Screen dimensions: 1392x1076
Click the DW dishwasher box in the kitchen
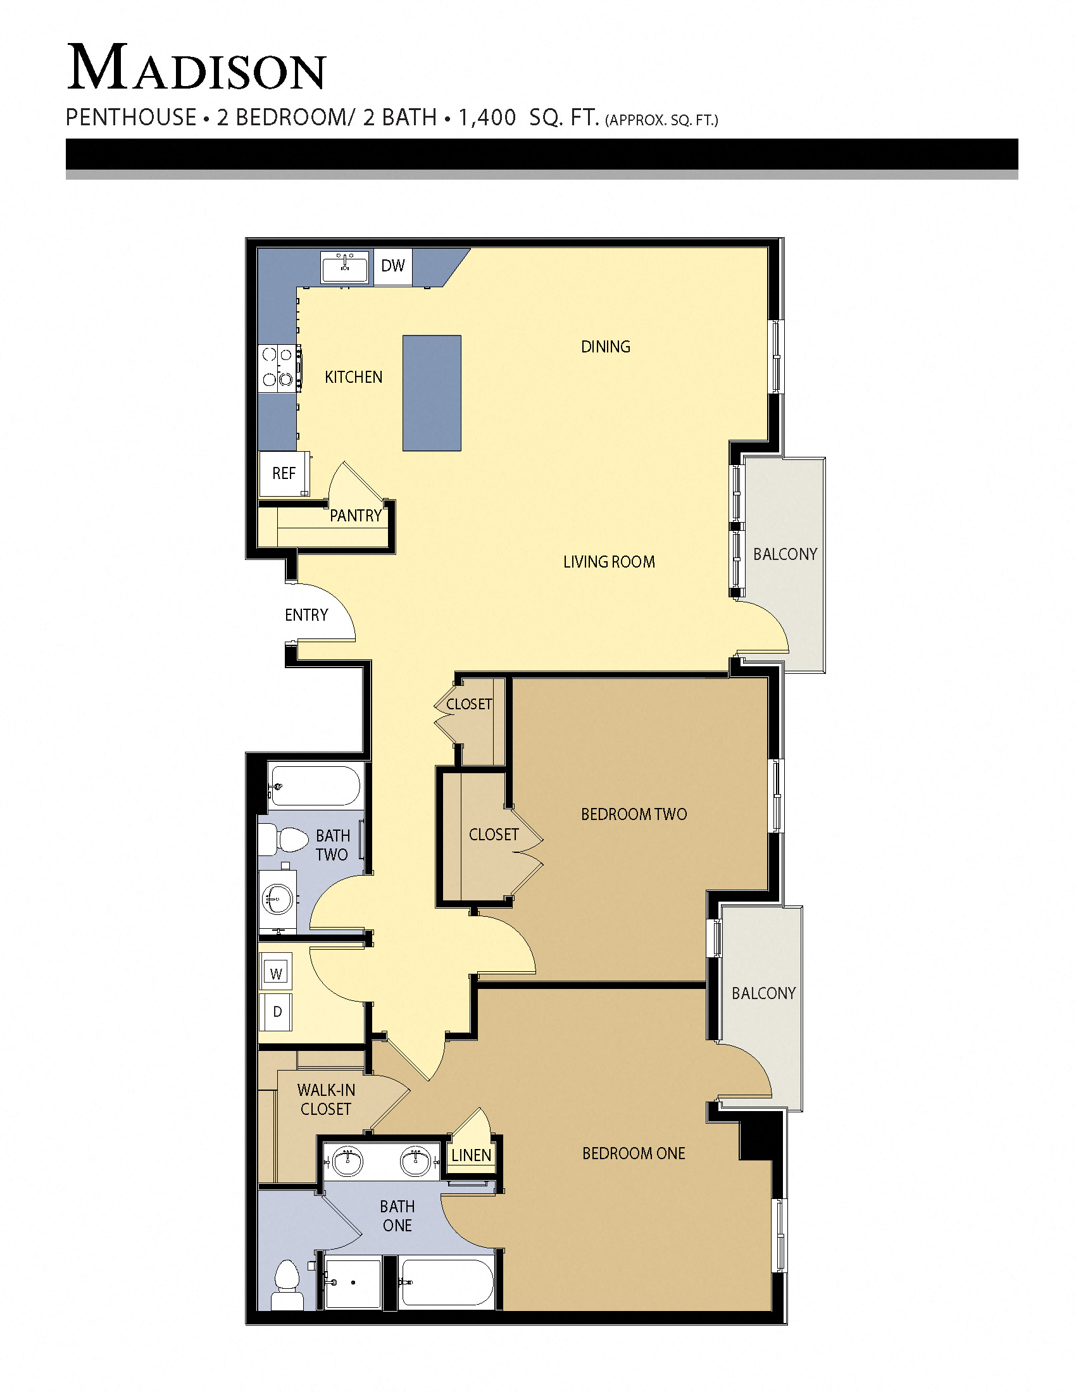point(392,266)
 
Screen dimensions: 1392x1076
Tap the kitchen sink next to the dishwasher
point(345,267)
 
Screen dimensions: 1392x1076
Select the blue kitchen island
point(432,394)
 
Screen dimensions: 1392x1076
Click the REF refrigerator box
point(284,473)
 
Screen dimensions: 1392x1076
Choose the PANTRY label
point(356,516)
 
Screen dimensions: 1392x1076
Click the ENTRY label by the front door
point(306,615)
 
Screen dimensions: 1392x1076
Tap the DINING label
point(606,347)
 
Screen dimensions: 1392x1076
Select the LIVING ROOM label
point(609,561)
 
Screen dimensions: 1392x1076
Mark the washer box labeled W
point(276,973)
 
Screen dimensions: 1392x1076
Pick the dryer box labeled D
point(277,1012)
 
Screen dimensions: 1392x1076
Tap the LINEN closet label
point(471,1155)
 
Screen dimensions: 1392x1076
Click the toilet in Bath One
point(287,1284)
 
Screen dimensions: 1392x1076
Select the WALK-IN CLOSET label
point(326,1100)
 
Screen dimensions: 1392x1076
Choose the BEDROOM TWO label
point(634,814)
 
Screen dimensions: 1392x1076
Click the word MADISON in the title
point(196,68)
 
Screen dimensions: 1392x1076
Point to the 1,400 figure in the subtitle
point(486,118)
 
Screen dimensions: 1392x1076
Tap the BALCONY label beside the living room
point(785,554)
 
